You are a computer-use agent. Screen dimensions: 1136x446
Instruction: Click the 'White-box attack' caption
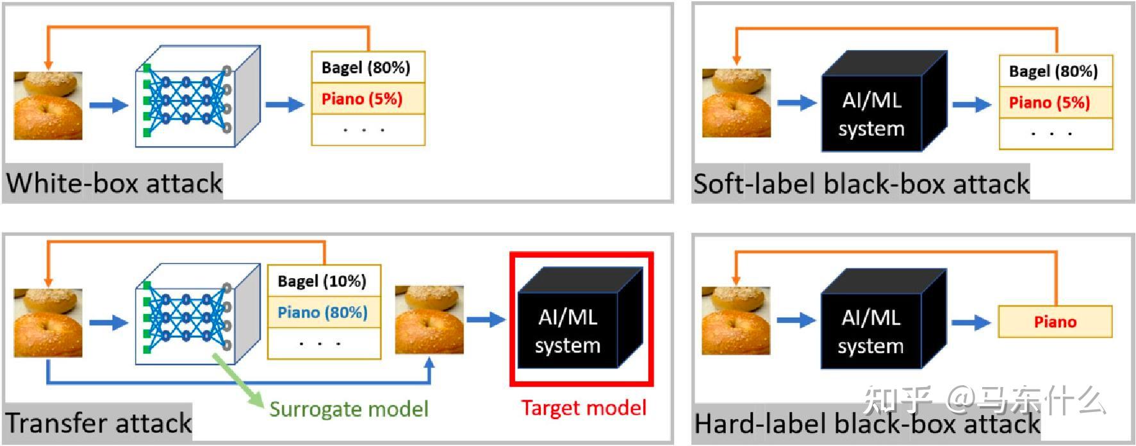point(115,183)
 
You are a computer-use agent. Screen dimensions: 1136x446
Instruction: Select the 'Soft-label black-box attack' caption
point(862,184)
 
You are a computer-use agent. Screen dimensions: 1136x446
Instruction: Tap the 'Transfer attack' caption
point(99,423)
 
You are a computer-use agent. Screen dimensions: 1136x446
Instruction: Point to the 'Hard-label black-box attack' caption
point(868,424)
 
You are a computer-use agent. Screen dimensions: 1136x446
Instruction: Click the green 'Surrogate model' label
point(349,409)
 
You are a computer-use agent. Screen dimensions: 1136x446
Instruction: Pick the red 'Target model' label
point(584,408)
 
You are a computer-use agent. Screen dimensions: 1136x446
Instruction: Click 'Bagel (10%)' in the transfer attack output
point(322,281)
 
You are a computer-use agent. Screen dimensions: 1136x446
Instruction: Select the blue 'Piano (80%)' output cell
point(322,313)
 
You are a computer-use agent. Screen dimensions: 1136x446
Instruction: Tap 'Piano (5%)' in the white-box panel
point(362,99)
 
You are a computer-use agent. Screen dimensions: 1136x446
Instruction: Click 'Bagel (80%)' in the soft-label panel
point(1053,71)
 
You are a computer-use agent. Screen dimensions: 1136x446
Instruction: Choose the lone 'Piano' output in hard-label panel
point(1055,322)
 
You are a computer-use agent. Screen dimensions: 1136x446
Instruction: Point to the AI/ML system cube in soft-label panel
point(884,101)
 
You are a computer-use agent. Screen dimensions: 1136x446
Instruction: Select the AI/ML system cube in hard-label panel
point(884,318)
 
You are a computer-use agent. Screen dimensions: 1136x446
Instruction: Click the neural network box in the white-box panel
point(197,96)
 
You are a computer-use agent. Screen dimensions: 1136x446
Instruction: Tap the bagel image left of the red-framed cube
point(429,320)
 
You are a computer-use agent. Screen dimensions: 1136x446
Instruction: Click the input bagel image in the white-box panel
point(48,106)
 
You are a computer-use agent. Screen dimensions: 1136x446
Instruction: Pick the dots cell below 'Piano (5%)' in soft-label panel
point(1056,134)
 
